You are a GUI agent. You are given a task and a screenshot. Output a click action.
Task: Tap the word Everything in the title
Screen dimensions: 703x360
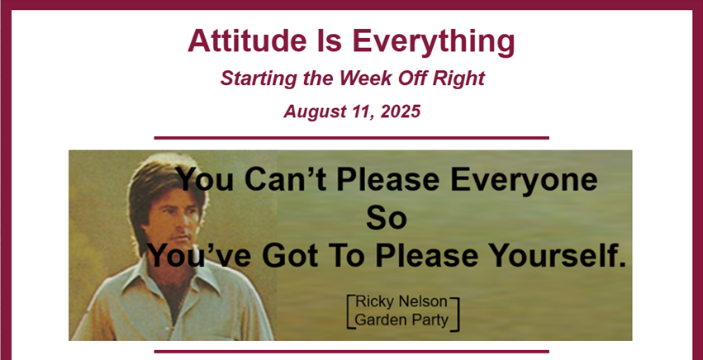(433, 42)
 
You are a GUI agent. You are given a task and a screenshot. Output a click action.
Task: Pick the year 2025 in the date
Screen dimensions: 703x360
(401, 111)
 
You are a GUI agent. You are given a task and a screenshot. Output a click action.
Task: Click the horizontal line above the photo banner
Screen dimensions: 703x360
(352, 138)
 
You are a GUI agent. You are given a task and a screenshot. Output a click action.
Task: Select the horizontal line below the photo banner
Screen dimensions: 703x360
(352, 352)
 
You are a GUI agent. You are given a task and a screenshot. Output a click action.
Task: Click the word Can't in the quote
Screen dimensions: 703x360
(285, 179)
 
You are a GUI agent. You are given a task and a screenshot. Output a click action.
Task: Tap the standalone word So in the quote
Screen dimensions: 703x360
(387, 218)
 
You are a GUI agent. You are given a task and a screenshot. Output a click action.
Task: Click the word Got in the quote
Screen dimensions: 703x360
(290, 255)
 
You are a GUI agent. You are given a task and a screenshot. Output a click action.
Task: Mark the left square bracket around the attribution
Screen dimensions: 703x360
(349, 312)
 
